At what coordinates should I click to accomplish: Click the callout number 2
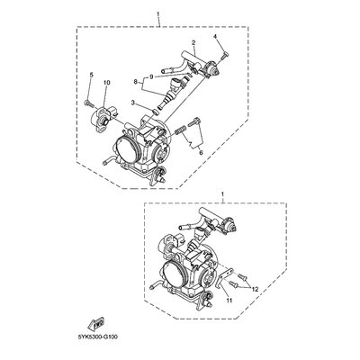[x=193, y=43]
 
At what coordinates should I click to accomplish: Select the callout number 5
[x=92, y=75]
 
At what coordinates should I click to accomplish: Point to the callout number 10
[x=107, y=82]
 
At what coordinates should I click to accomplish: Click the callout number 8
[x=135, y=81]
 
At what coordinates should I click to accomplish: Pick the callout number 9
[x=151, y=76]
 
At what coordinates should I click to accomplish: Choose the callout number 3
[x=133, y=103]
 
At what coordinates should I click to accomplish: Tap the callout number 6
[x=201, y=153]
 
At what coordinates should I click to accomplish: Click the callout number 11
[x=229, y=300]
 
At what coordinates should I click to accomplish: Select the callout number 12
[x=255, y=289]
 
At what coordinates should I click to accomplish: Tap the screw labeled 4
[x=225, y=56]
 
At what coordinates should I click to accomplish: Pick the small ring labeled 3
[x=156, y=111]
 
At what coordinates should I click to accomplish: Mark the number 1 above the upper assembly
[x=158, y=13]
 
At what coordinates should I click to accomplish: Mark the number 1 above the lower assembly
[x=222, y=194]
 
